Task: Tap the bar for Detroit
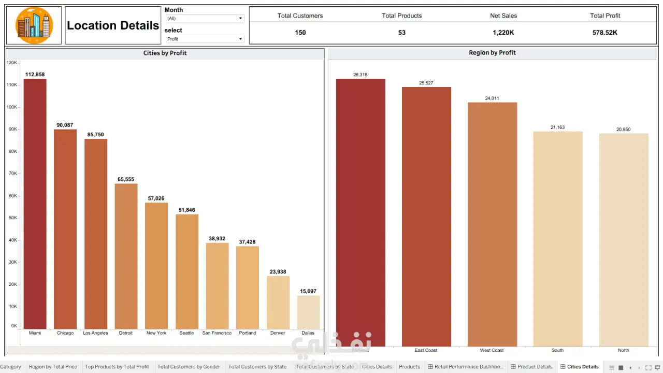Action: click(126, 256)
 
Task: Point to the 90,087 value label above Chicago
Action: click(65, 125)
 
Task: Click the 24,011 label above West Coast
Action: click(492, 98)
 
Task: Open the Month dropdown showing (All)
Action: click(204, 18)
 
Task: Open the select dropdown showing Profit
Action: click(204, 39)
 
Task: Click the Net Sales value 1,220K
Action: click(503, 33)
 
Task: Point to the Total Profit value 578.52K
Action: click(605, 33)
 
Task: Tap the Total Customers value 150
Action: click(300, 33)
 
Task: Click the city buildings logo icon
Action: click(34, 25)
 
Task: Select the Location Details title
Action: click(113, 25)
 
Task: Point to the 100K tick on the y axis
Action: click(12, 107)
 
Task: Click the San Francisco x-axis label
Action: click(217, 333)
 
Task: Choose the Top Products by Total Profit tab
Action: click(117, 367)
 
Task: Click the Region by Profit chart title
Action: click(492, 53)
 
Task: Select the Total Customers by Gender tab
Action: click(189, 367)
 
